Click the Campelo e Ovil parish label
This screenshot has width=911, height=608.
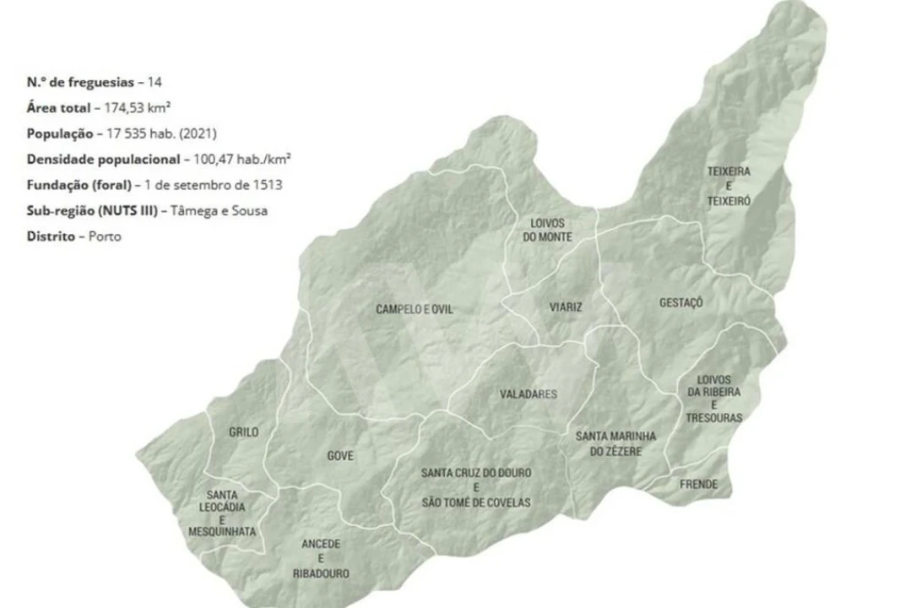coord(414,310)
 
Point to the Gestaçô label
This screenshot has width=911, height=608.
coord(681,302)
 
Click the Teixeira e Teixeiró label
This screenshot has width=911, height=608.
coord(728,186)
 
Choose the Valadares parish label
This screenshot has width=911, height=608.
coord(528,394)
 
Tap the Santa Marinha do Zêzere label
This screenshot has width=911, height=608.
coord(615,444)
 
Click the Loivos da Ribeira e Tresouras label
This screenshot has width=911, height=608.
coord(713,399)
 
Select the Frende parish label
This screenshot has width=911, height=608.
coord(698,484)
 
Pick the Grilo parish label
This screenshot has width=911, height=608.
coord(243,432)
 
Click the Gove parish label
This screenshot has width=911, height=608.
coord(340,456)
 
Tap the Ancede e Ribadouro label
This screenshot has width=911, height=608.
coord(321,559)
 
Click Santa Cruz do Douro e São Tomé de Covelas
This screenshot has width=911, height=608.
coord(475,487)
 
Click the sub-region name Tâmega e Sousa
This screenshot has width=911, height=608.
coord(219,211)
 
